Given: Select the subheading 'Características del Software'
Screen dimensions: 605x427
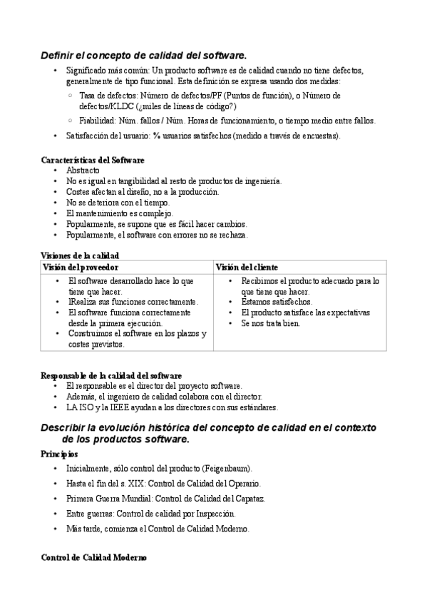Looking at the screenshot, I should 93,161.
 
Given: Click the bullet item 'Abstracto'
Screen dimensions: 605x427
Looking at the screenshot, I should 83,171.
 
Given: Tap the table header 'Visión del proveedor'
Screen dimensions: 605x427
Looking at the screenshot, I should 81,267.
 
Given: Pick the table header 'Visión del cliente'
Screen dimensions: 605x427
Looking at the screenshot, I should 247,267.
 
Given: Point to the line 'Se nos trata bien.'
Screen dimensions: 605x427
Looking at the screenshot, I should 271,323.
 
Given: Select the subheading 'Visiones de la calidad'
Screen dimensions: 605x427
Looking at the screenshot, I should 80,255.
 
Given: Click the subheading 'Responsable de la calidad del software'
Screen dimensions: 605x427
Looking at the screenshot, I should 111,375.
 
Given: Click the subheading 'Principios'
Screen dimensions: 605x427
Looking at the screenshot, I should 59,454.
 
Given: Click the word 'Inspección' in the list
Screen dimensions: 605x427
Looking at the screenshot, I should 214,513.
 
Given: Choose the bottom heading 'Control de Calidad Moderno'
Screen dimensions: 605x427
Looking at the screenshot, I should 93,558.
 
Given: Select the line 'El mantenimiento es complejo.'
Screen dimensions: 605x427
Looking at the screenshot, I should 119,213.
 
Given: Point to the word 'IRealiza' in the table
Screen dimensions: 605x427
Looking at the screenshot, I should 83,302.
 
